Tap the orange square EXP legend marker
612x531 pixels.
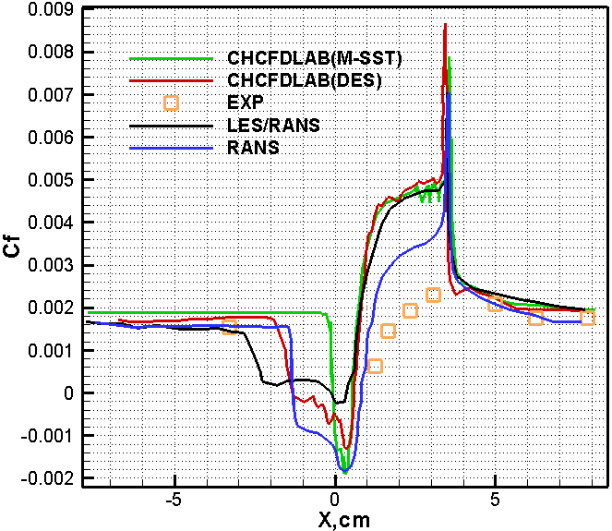pyautogui.click(x=171, y=103)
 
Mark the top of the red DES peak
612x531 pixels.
pyautogui.click(x=445, y=25)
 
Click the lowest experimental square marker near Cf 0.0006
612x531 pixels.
pyautogui.click(x=375, y=366)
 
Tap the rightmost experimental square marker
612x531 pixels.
pyautogui.click(x=587, y=318)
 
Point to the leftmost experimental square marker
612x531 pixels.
pyautogui.click(x=230, y=324)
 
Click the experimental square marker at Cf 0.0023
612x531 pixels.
pyautogui.click(x=433, y=295)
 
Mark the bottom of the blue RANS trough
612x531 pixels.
pyautogui.click(x=345, y=472)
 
